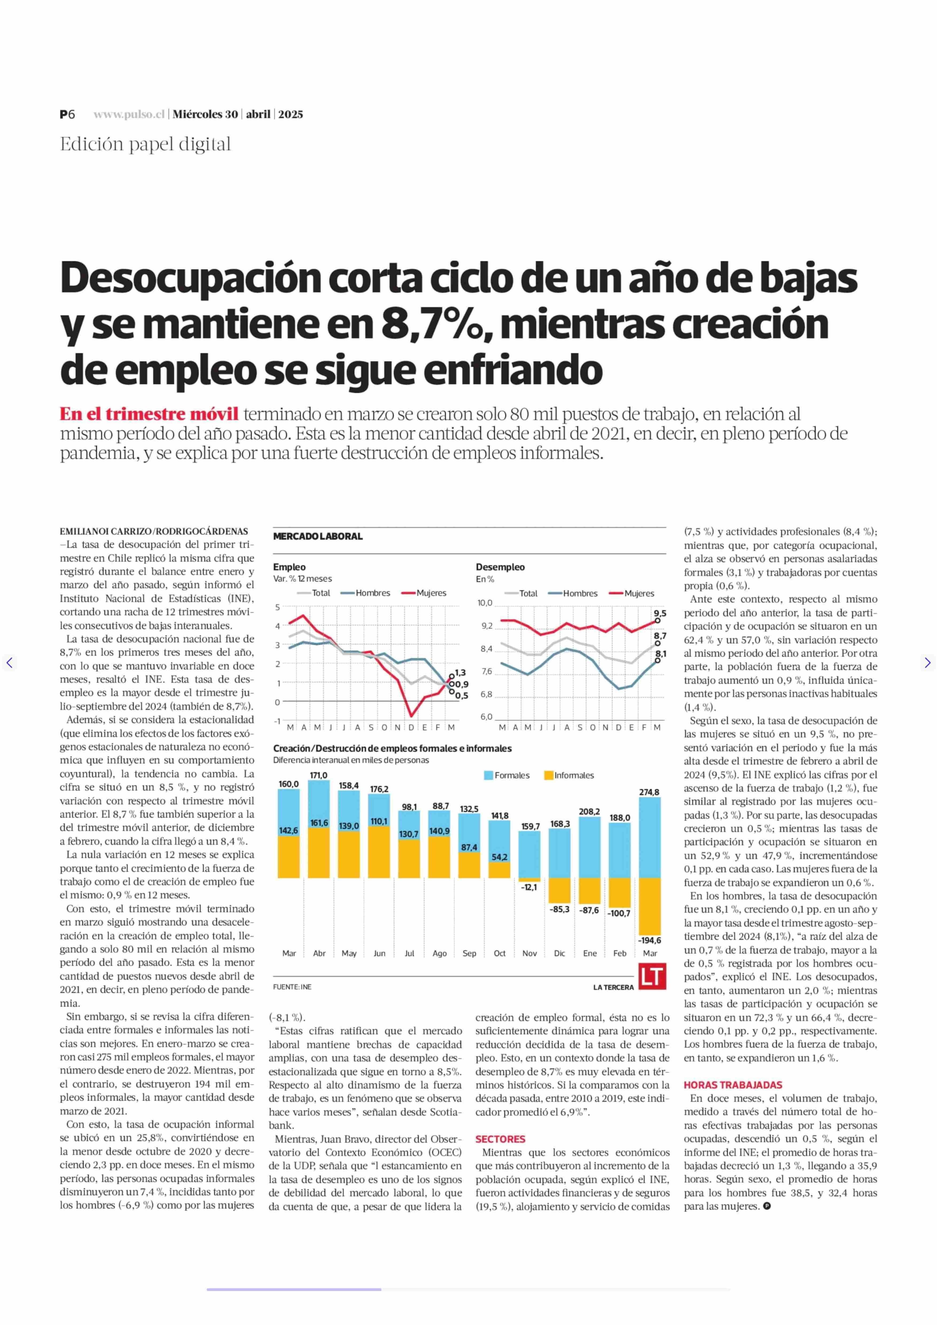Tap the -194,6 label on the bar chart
click(650, 940)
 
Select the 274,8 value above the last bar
click(649, 792)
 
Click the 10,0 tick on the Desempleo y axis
click(485, 603)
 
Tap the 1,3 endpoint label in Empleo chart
click(460, 673)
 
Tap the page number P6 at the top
click(67, 114)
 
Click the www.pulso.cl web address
click(129, 114)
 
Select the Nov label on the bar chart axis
click(530, 953)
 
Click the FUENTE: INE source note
click(292, 987)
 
